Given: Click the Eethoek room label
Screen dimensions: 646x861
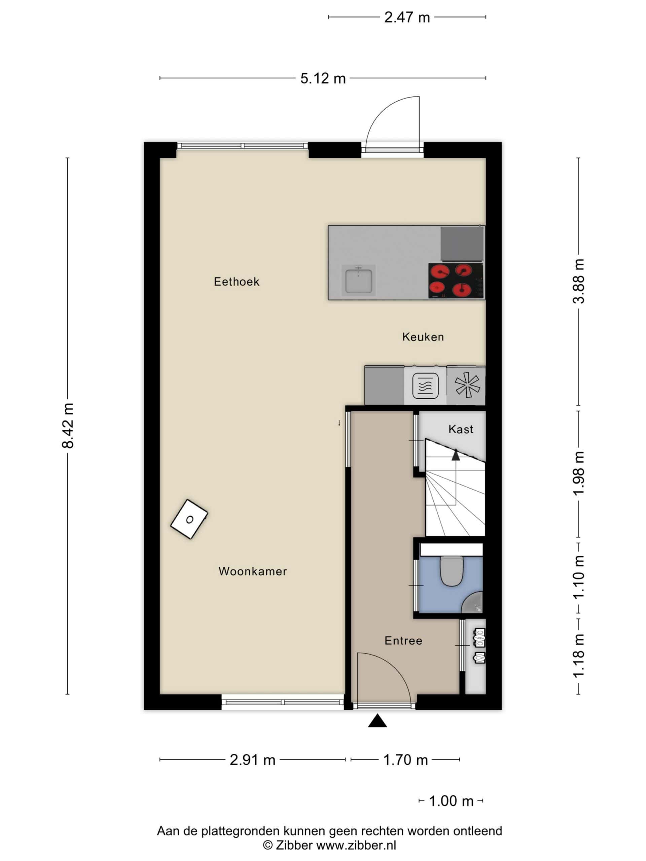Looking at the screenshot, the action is [x=236, y=282].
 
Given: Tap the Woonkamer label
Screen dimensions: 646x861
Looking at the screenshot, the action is [x=253, y=571].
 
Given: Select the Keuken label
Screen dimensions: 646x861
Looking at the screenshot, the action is [x=423, y=337].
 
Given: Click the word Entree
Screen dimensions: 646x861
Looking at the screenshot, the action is [x=403, y=640].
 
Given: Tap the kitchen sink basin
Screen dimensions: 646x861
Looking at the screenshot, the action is [x=358, y=280].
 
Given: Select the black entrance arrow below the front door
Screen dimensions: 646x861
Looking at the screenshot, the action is [x=377, y=720].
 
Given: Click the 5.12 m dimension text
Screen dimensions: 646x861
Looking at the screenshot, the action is [x=323, y=79].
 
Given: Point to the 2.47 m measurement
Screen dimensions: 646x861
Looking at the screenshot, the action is [x=407, y=17].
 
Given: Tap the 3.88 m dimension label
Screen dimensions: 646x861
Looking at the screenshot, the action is [x=579, y=281].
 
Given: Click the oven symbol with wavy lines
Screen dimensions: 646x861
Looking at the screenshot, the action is [x=425, y=386].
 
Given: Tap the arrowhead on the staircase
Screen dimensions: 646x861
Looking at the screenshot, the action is [x=456, y=455].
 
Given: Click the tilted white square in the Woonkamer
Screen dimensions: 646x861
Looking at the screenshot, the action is [x=189, y=519].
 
